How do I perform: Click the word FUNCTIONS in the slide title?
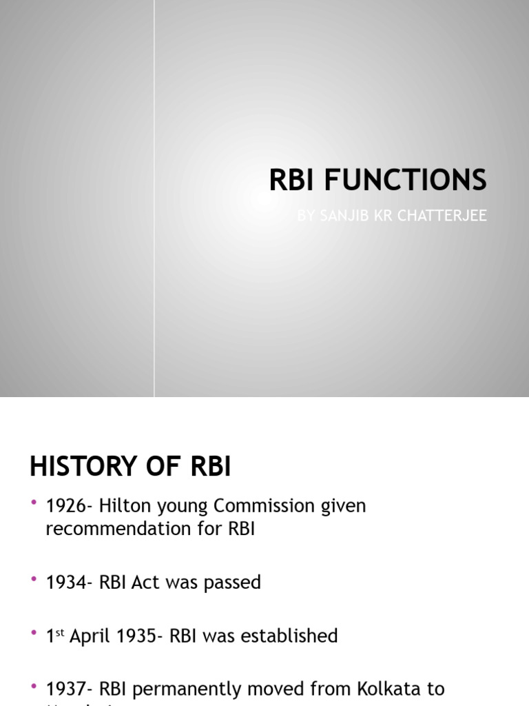point(406,180)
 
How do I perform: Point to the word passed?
point(231,583)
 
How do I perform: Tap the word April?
point(94,636)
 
